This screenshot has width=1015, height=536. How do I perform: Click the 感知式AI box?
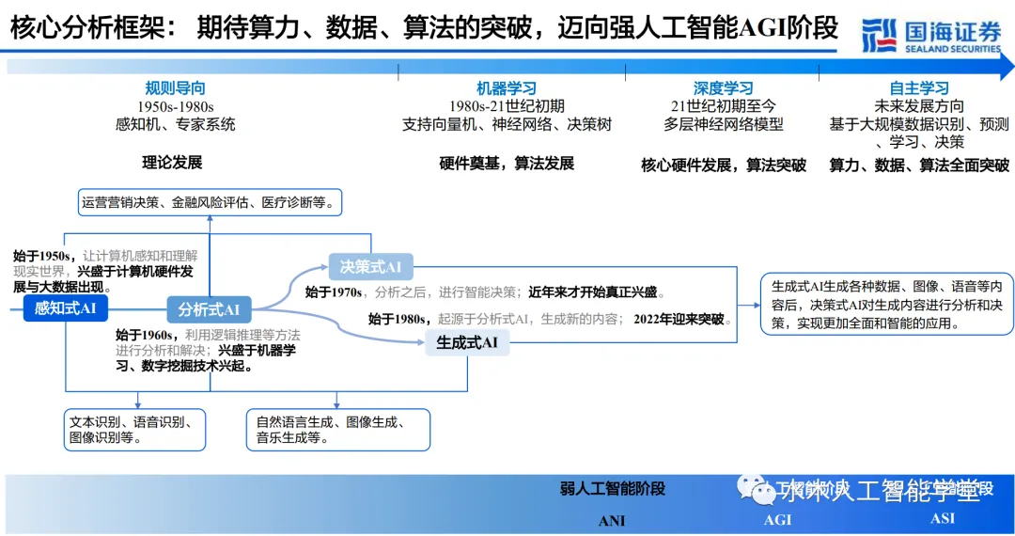click(x=66, y=308)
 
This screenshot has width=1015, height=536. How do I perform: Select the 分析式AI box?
click(x=209, y=309)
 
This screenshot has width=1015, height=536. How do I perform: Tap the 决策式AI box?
click(x=370, y=267)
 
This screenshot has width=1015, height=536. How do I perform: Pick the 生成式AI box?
click(x=467, y=342)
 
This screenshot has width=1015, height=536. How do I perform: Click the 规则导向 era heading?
click(x=175, y=88)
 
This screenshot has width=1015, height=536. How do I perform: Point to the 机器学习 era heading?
click(x=507, y=88)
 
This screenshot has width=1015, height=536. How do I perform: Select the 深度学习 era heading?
click(x=723, y=88)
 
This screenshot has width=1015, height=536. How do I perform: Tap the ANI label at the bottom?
click(x=612, y=520)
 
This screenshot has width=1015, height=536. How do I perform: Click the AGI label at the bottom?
click(x=777, y=520)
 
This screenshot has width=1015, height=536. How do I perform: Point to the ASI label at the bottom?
click(x=943, y=518)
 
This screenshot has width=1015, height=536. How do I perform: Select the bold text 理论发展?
click(x=172, y=162)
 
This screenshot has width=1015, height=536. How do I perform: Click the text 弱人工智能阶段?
click(x=612, y=488)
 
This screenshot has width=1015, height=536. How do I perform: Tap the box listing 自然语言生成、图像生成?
click(x=337, y=429)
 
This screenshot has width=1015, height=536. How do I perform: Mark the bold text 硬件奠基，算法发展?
click(x=507, y=163)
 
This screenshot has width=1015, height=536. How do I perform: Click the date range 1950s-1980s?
click(x=175, y=106)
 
